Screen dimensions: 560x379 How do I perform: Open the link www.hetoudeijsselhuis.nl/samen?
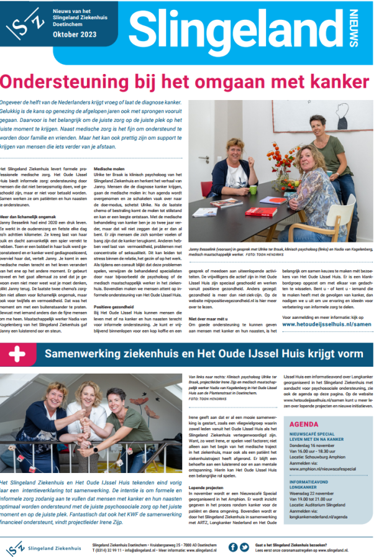326,324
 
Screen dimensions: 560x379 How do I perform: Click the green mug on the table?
253,190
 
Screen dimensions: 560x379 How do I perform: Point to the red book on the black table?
261,212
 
